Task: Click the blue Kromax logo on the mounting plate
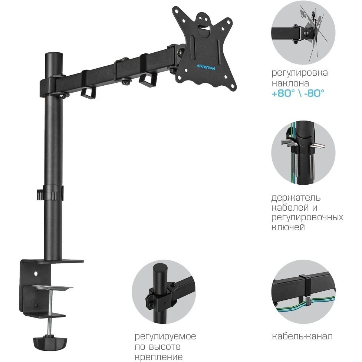(206, 67)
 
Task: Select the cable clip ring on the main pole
(50, 192)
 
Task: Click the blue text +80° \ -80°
(298, 93)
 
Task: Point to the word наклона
(290, 83)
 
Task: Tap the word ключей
(288, 227)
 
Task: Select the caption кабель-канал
(302, 336)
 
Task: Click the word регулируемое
(165, 337)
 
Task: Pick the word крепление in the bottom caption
(159, 357)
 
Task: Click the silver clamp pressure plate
(52, 288)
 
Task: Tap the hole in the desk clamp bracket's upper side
(36, 273)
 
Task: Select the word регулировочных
(307, 218)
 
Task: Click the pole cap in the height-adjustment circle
(161, 269)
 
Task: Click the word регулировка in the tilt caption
(300, 73)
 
